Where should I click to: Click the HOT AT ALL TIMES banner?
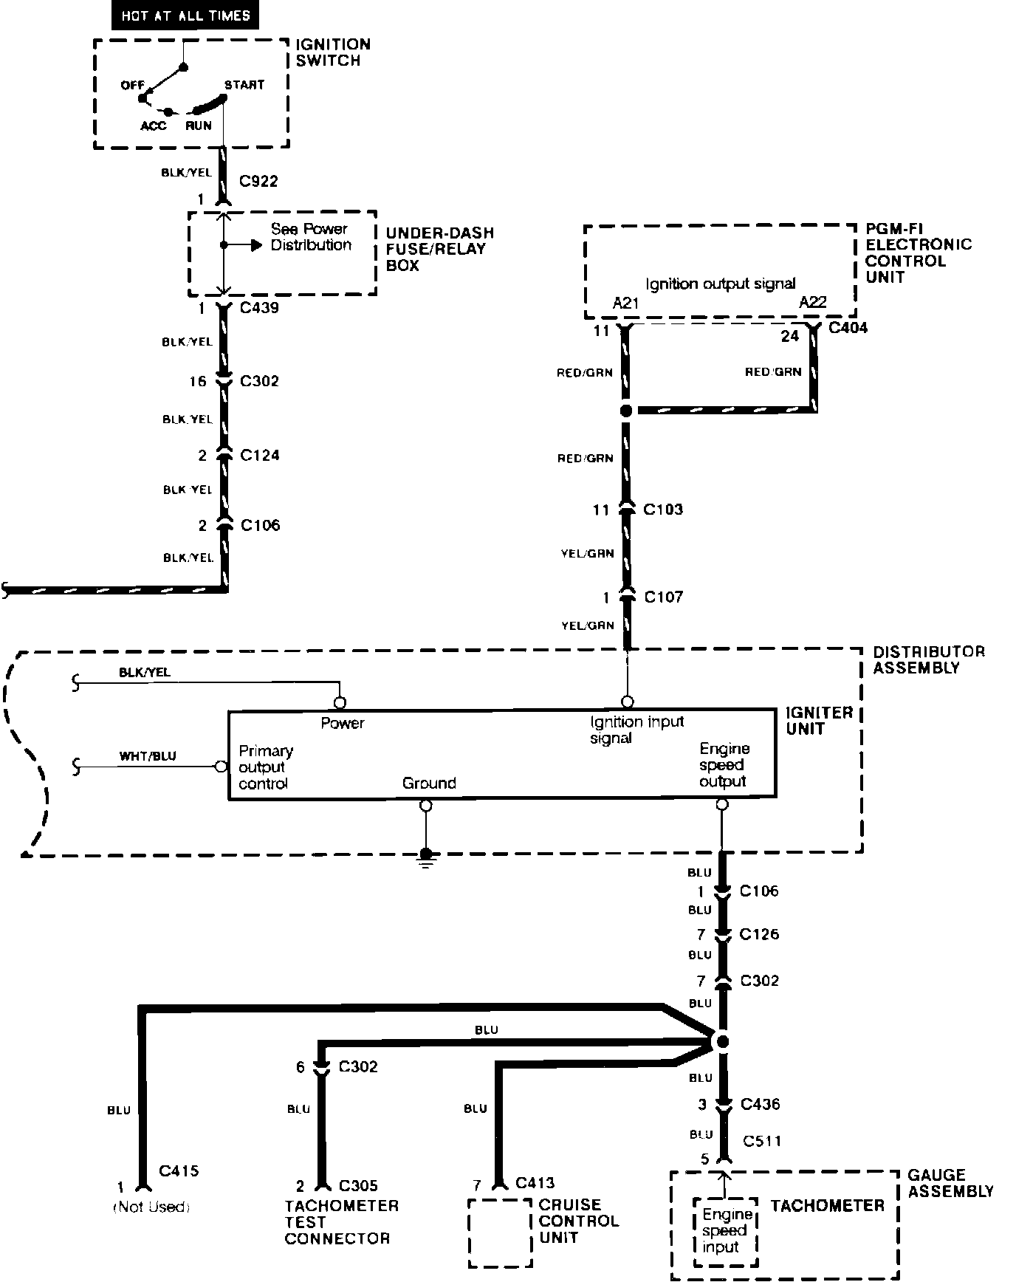click(185, 16)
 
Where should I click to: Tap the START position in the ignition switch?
click(244, 85)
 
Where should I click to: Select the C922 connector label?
click(259, 181)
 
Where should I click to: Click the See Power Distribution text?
click(310, 237)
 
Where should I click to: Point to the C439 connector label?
click(259, 308)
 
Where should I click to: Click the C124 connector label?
click(260, 455)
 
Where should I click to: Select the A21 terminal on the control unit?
click(625, 303)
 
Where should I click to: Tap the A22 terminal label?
click(812, 302)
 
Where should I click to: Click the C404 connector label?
click(848, 328)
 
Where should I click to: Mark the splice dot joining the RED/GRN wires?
click(626, 411)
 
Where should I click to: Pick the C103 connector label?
click(663, 510)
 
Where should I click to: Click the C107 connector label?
click(663, 597)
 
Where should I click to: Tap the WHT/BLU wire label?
click(148, 756)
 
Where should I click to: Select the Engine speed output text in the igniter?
click(723, 765)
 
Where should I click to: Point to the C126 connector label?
click(759, 934)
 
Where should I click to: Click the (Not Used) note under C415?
click(151, 1207)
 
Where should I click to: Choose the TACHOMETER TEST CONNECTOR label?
click(341, 1222)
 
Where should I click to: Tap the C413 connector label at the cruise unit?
click(535, 1183)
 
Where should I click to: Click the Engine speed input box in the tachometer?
click(726, 1231)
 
